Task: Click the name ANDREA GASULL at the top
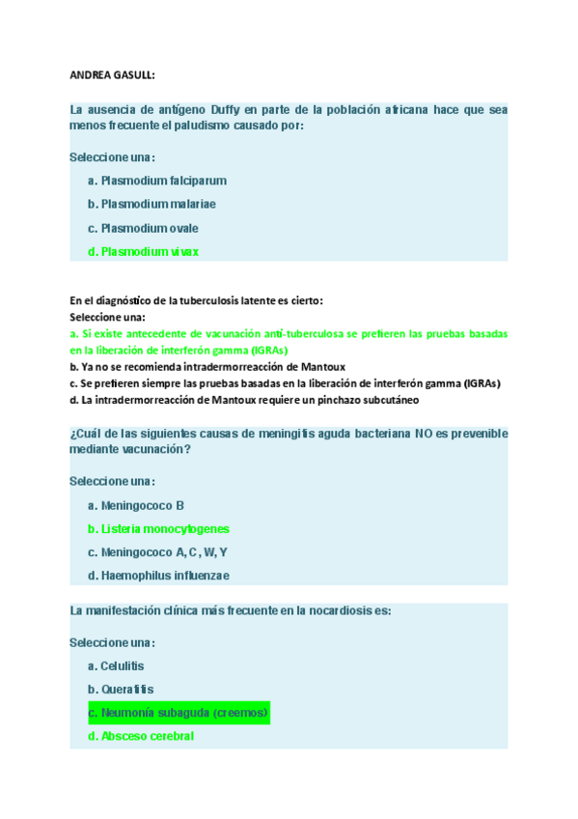coord(114,74)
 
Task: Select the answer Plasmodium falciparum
coord(156,181)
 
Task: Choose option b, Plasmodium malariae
coord(151,204)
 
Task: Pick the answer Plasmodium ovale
coord(143,228)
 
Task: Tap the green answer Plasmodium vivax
coord(143,252)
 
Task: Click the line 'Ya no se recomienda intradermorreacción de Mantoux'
coord(207,367)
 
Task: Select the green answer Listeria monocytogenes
coord(158,529)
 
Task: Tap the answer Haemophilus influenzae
coord(158,576)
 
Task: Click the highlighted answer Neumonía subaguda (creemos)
coord(178,713)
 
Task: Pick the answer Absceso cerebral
coord(141,736)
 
